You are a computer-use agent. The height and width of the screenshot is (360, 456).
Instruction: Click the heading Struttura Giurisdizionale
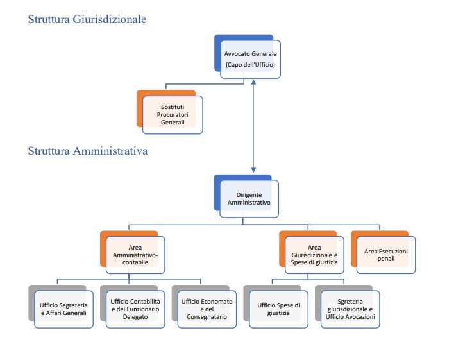(87, 19)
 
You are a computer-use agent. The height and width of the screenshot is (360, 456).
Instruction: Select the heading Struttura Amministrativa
(89, 151)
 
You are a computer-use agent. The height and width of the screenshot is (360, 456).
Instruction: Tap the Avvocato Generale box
(250, 59)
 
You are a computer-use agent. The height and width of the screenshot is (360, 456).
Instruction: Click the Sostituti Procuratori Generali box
(172, 114)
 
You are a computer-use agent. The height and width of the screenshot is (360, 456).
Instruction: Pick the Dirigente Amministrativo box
(249, 198)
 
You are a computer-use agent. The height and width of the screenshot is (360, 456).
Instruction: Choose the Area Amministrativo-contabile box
(135, 255)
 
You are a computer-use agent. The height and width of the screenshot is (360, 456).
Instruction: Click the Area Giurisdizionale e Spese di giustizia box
(314, 255)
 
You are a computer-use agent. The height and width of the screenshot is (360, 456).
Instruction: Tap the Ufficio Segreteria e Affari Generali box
(63, 309)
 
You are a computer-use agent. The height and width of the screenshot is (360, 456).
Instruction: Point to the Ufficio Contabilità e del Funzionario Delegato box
(135, 309)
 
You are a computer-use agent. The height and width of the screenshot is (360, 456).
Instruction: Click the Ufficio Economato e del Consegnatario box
(207, 309)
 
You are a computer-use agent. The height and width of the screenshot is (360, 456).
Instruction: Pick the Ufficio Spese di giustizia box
(278, 309)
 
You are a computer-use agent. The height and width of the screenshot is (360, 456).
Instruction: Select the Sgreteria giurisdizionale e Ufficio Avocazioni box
(350, 309)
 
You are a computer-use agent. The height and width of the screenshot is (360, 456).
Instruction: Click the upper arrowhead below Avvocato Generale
(255, 83)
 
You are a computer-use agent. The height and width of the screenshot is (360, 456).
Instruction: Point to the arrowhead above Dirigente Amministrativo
(255, 169)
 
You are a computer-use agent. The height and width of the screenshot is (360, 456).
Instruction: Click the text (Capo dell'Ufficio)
(250, 65)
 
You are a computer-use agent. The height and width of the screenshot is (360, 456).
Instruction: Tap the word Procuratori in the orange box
(172, 114)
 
